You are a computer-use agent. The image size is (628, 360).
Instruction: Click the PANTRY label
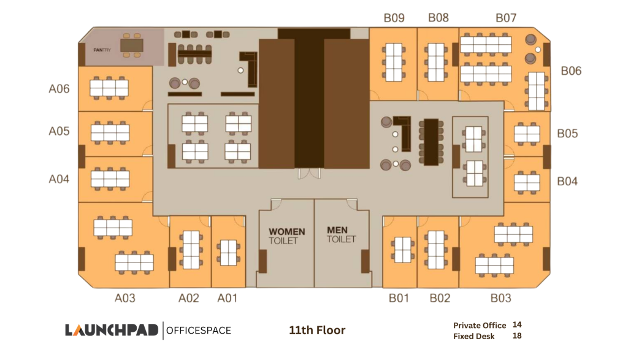click(x=102, y=50)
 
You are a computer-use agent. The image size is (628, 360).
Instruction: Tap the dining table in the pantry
click(x=132, y=45)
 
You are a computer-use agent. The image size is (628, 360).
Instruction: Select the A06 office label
click(x=59, y=88)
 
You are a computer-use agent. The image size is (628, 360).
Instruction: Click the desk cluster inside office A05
click(x=110, y=132)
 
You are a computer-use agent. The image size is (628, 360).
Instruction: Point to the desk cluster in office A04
click(x=110, y=178)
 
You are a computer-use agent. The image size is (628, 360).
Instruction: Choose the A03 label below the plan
click(x=125, y=298)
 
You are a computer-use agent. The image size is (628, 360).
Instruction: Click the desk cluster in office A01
click(x=228, y=252)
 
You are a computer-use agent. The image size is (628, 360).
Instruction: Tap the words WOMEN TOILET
click(x=287, y=236)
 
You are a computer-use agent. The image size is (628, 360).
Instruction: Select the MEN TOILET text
click(x=341, y=235)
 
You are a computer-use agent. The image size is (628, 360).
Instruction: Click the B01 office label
click(x=399, y=298)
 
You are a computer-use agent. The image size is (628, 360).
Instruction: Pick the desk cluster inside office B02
click(x=436, y=250)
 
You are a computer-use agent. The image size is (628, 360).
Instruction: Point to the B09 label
click(x=394, y=18)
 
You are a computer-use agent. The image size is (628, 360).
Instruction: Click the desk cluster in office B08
click(x=436, y=62)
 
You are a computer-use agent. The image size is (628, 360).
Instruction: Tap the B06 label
click(x=571, y=71)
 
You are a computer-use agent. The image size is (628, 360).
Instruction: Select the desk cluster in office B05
click(x=527, y=134)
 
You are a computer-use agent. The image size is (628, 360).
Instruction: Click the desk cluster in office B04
click(x=527, y=182)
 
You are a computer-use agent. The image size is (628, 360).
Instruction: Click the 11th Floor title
click(x=317, y=331)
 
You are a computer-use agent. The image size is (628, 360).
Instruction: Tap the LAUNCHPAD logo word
click(x=112, y=331)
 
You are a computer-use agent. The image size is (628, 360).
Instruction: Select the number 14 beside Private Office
click(x=517, y=325)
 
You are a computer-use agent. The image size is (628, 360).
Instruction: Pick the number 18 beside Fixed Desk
click(x=517, y=336)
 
